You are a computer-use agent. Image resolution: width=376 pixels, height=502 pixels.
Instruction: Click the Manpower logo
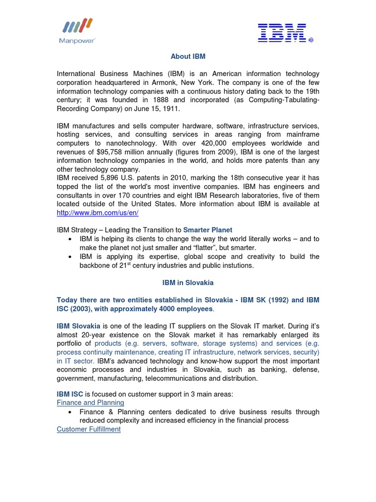(78, 31)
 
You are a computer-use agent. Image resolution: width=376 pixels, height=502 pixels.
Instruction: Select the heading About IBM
(188, 56)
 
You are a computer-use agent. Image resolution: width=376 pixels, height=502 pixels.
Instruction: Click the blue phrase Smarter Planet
(208, 229)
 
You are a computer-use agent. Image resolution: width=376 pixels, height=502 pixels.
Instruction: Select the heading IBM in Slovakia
(188, 283)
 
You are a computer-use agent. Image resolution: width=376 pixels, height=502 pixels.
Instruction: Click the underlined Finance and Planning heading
(90, 402)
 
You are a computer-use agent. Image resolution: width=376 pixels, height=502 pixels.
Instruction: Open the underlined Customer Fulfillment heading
(89, 429)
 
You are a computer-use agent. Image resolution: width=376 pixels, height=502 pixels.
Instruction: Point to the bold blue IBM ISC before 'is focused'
(70, 394)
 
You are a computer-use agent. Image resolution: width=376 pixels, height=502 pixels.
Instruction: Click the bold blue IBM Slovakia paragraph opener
(79, 326)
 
